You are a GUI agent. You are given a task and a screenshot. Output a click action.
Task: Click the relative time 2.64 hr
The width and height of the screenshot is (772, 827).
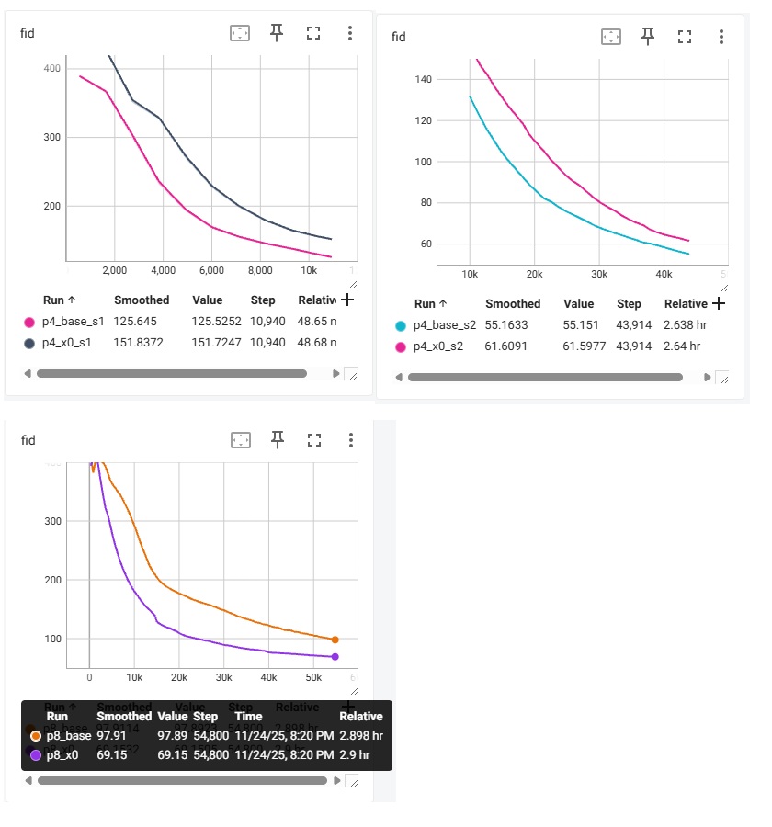click(x=682, y=346)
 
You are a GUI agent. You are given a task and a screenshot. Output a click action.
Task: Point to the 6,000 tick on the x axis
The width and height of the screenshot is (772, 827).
click(x=211, y=271)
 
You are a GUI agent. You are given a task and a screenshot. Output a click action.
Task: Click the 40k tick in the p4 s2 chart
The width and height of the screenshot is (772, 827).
click(x=664, y=274)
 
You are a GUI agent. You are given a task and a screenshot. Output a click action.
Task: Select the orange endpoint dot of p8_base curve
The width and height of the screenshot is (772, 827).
click(x=335, y=640)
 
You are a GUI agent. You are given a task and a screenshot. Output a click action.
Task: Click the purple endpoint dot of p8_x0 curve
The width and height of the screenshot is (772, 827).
click(x=335, y=656)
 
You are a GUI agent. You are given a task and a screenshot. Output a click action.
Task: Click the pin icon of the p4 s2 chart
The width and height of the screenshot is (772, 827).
click(x=648, y=36)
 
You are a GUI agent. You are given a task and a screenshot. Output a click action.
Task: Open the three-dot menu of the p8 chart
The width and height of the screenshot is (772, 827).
click(x=351, y=440)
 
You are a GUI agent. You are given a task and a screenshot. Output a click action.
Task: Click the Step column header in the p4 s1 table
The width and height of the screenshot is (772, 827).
click(x=263, y=300)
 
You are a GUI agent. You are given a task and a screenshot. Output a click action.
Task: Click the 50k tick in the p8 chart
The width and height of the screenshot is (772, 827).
click(x=313, y=677)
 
